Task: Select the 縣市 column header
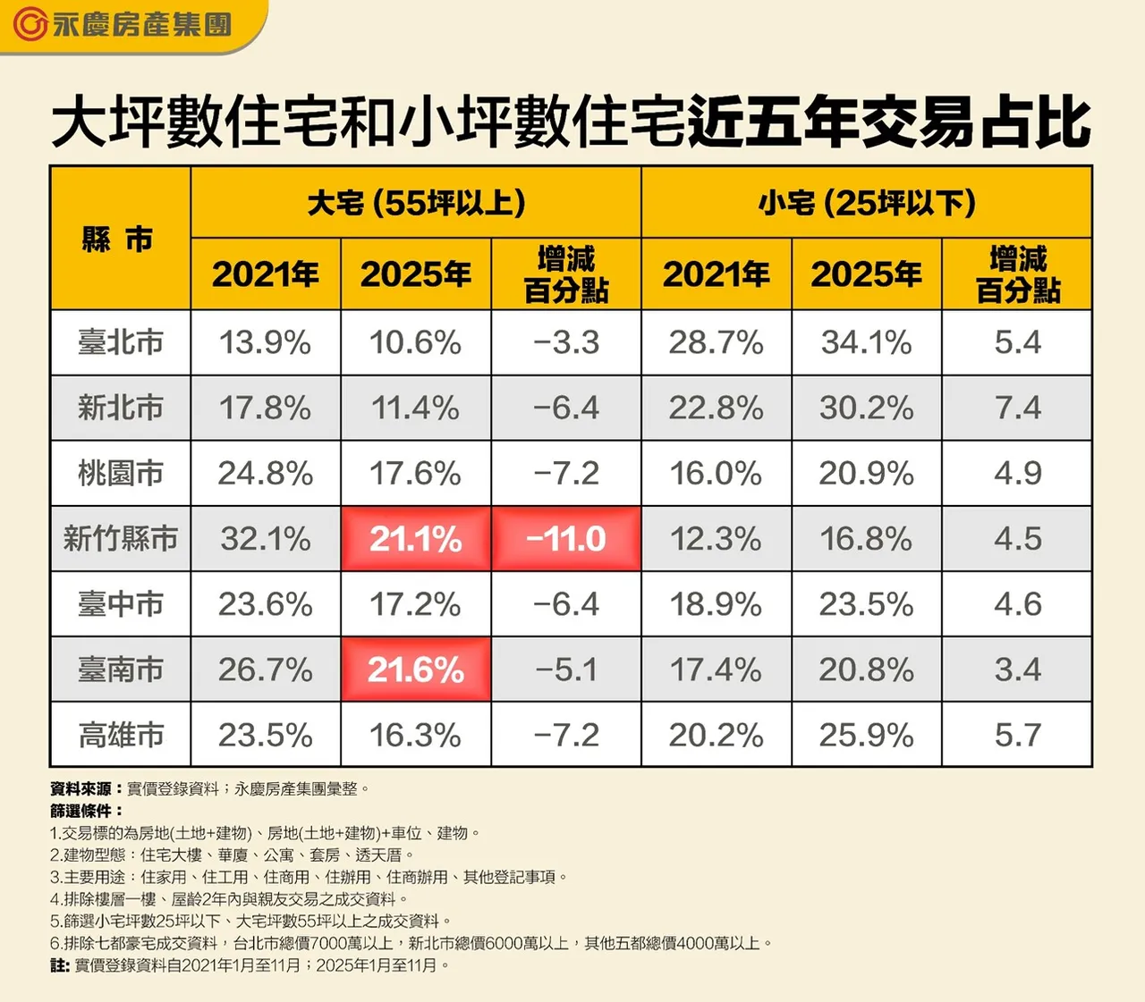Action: coord(119,239)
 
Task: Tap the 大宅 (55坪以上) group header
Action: coord(416,203)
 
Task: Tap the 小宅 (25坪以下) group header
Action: coord(866,203)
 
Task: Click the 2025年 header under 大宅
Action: coord(416,274)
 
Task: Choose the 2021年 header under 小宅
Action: coord(716,274)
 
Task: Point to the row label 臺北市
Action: coord(121,342)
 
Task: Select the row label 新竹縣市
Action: coord(121,539)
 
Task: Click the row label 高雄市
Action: coord(121,735)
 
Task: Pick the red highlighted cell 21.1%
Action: coord(416,539)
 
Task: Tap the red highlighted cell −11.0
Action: coord(566,539)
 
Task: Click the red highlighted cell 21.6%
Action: coord(416,669)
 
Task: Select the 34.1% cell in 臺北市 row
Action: coord(866,342)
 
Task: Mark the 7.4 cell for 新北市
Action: coord(1017,408)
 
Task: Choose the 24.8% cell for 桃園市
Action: coord(266,473)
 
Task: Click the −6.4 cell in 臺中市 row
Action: coord(566,604)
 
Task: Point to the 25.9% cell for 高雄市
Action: coord(866,735)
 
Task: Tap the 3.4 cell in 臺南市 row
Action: coord(1017,669)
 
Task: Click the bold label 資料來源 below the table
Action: coord(81,788)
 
